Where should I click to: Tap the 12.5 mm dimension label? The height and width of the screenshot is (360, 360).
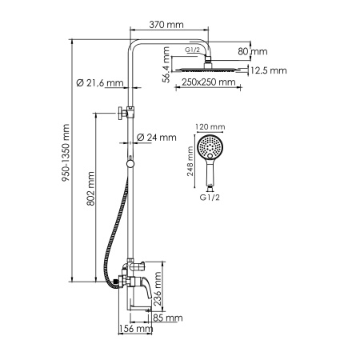coord(267,70)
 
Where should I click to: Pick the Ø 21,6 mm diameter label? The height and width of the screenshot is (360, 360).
coord(99,82)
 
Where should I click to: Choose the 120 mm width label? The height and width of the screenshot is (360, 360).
coord(210,126)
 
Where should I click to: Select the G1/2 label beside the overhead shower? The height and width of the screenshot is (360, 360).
coord(192,50)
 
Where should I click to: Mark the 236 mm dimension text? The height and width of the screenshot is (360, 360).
coord(158,286)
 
